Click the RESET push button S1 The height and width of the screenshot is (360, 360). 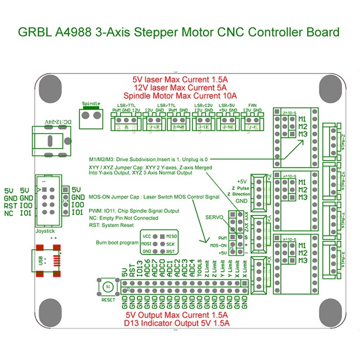(x=107, y=286)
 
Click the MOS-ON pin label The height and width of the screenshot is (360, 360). (x=218, y=246)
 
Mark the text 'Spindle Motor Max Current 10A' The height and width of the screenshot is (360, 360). (x=180, y=96)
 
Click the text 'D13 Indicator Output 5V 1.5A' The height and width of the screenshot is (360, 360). (x=180, y=322)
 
